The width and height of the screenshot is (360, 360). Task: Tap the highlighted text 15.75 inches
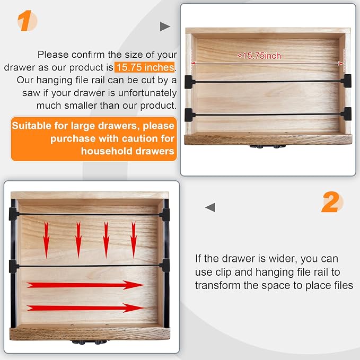pyautogui.click(x=145, y=67)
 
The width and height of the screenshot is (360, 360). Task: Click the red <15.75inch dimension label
pyautogui.click(x=259, y=56)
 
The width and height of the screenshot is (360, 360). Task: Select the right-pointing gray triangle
pyautogui.click(x=164, y=27)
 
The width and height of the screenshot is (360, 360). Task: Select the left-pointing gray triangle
pyautogui.click(x=210, y=207)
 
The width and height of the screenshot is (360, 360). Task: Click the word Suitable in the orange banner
pyautogui.click(x=32, y=126)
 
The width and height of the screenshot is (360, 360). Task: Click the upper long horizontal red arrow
pyautogui.click(x=85, y=285)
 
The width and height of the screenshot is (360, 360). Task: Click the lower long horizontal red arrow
pyautogui.click(x=85, y=308)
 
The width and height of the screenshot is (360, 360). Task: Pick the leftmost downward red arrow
pyautogui.click(x=46, y=240)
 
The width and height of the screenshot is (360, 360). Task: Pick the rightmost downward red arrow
pyautogui.click(x=134, y=240)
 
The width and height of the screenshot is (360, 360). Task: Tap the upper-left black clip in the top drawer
pyautogui.click(x=190, y=82)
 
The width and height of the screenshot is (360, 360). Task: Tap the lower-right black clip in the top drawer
pyautogui.click(x=346, y=114)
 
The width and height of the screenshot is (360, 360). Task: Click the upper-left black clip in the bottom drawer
pyautogui.click(x=14, y=214)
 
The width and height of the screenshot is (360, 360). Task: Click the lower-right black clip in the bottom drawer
pyautogui.click(x=164, y=266)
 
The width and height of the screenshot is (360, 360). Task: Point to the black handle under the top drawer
pyautogui.click(x=268, y=146)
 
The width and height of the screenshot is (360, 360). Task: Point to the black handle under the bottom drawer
pyautogui.click(x=90, y=343)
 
